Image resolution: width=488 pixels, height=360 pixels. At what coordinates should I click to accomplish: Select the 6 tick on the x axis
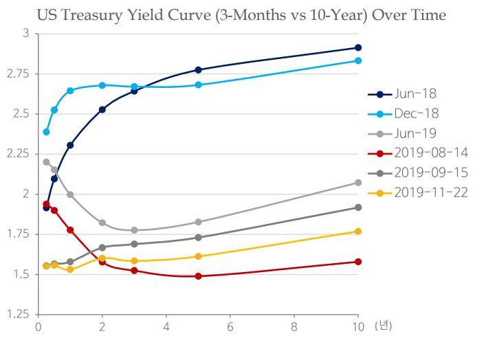pos(230,328)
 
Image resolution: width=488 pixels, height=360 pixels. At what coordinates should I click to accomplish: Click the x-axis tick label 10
pos(358,328)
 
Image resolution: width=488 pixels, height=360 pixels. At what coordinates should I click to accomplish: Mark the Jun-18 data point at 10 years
pos(358,47)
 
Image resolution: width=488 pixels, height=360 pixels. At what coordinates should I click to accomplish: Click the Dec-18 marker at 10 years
pos(358,60)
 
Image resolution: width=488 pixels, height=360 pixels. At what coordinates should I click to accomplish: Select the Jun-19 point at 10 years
pos(358,183)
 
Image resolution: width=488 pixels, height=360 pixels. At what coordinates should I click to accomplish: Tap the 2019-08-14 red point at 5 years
pos(198,276)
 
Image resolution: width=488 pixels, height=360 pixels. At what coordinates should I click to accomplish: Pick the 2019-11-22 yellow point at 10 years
pos(358,232)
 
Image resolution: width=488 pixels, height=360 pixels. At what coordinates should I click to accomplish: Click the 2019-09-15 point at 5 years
pos(198,238)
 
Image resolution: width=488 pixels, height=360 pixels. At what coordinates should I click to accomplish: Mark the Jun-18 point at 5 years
pos(198,69)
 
